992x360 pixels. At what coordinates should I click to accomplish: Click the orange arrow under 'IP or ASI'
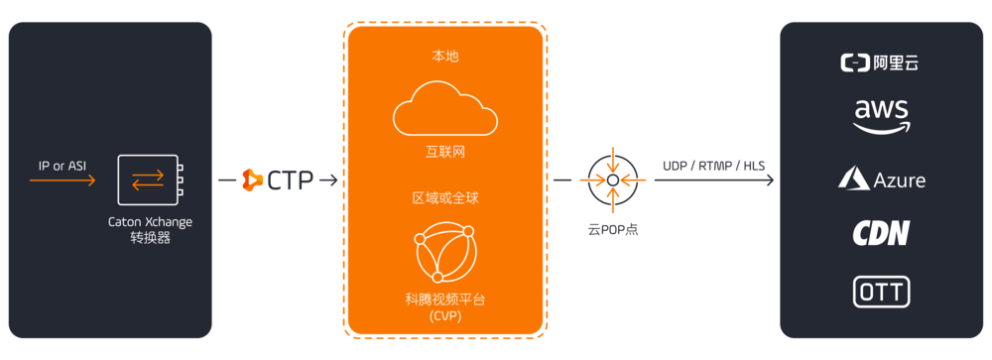point(62,180)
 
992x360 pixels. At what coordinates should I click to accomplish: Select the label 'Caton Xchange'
point(150,222)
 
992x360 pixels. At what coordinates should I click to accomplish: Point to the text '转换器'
point(150,238)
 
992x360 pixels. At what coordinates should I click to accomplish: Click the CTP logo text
point(290,180)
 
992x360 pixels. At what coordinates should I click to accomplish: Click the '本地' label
point(444,57)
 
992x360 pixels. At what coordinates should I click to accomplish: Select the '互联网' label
point(444,156)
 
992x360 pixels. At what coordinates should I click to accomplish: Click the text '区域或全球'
point(444,198)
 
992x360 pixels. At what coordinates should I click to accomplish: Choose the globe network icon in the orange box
point(444,252)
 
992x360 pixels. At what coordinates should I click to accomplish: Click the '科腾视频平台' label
point(444,299)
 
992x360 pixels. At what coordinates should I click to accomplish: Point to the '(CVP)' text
point(444,315)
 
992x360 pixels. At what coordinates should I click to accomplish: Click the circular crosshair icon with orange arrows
point(613,180)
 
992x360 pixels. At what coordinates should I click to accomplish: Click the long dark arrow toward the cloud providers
point(714,181)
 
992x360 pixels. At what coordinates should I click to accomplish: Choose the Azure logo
point(882,179)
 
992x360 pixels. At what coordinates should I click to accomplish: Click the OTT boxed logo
point(881,292)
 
